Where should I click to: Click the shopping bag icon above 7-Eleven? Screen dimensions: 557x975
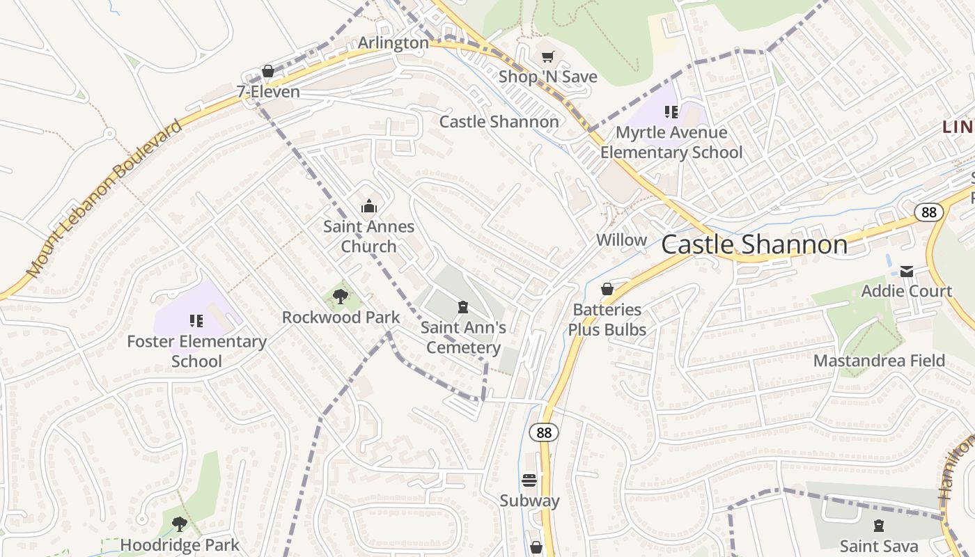coord(267,71)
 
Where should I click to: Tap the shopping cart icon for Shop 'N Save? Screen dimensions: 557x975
coord(548,56)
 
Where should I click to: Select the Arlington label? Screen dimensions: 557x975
coord(393,43)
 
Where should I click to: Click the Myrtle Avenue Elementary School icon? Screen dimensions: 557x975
coord(671,111)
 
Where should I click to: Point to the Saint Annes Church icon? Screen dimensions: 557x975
coord(368,206)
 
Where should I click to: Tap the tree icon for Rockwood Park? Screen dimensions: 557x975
coord(341,297)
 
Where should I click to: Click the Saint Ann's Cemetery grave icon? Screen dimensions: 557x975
coord(462,307)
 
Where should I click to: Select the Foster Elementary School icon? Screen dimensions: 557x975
coord(196,321)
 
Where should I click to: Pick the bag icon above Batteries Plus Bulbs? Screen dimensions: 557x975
coord(607,289)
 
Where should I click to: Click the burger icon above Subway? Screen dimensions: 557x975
coord(529,480)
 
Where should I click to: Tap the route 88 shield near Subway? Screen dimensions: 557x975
coord(544,432)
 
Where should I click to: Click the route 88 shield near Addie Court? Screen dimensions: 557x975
coord(929,212)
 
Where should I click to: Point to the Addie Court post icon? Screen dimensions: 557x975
coord(907,271)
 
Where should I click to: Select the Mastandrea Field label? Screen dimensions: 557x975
coord(879,361)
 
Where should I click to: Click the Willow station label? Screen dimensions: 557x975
coord(621,240)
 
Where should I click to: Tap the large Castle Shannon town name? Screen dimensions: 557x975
coord(754,244)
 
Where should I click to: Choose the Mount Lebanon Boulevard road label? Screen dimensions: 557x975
coord(104,198)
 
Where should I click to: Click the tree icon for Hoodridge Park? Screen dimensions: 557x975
coord(180,524)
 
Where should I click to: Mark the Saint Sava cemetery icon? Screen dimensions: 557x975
coord(879,526)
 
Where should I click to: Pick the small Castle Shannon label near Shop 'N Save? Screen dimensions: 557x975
coord(499,122)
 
